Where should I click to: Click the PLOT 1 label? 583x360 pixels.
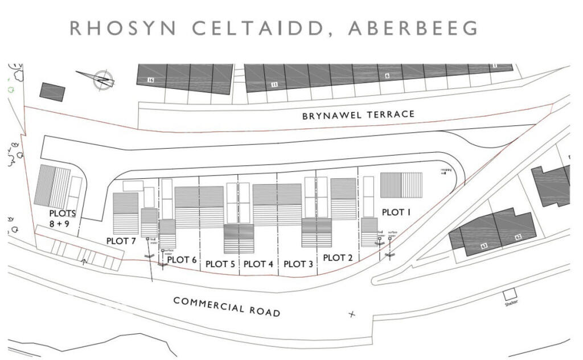pos(396,212)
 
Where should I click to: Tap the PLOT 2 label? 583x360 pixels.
pos(338,257)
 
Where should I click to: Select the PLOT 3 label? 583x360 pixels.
pos(298,264)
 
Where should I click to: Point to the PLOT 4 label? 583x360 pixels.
pos(258,264)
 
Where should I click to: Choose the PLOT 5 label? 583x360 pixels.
pos(220,264)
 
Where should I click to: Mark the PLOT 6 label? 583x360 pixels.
pos(182,260)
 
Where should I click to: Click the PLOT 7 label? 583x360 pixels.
pos(121,241)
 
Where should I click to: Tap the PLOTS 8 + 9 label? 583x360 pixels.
pos(63,219)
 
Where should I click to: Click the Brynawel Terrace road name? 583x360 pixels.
pos(358,115)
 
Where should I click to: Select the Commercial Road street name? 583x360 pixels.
pos(227,306)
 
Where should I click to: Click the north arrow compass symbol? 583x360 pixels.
pos(102,80)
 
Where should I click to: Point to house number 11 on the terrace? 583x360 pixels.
pos(274,85)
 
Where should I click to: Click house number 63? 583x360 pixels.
pos(485,246)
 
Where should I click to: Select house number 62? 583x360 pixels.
pos(518,236)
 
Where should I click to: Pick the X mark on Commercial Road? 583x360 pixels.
pos(351,314)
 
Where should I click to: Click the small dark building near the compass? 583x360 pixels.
pos(52,92)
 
